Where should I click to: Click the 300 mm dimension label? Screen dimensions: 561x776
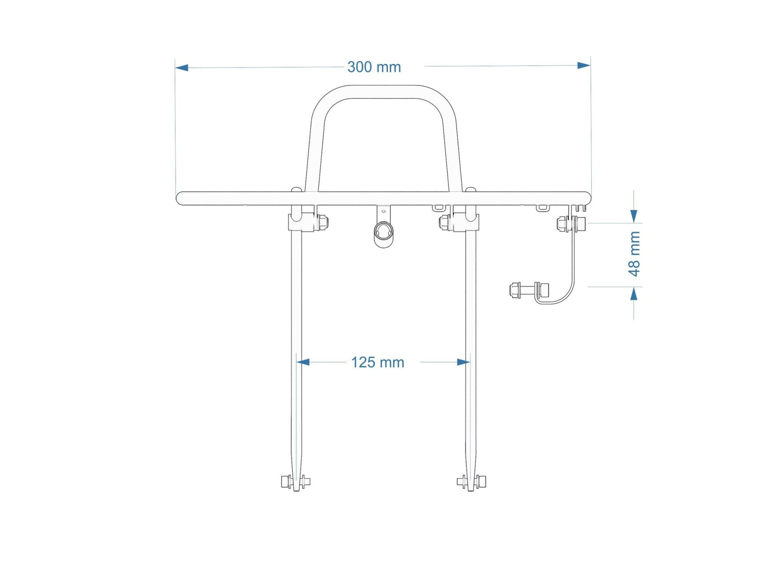(x=374, y=67)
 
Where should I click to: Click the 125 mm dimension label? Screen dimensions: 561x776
(x=378, y=363)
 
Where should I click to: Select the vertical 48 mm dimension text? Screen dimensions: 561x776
(x=634, y=254)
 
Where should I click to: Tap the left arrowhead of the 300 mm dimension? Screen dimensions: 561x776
(x=182, y=68)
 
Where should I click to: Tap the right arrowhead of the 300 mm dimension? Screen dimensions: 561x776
(x=584, y=66)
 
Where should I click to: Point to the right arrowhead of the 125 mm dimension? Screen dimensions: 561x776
(x=463, y=362)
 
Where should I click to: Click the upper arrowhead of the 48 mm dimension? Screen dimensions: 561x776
(x=634, y=216)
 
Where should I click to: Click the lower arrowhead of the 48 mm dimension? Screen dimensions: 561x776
(x=634, y=293)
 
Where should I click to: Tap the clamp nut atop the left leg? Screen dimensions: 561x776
(x=323, y=222)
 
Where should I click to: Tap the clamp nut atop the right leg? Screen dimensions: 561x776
(x=445, y=222)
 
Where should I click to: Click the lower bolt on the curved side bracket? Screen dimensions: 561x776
(x=529, y=290)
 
